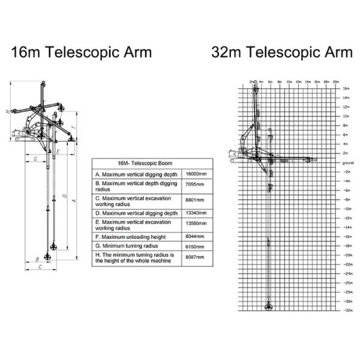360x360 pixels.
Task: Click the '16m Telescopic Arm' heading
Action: (x=82, y=52)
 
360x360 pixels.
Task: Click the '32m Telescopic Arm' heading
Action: (x=282, y=52)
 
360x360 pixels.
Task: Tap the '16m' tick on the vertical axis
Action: (x=346, y=89)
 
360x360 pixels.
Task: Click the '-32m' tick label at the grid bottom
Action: (x=347, y=310)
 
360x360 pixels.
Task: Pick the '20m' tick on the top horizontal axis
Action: (x=336, y=81)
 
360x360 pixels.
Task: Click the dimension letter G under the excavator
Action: (x=35, y=159)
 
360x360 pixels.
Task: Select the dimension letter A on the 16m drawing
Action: (x=73, y=200)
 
